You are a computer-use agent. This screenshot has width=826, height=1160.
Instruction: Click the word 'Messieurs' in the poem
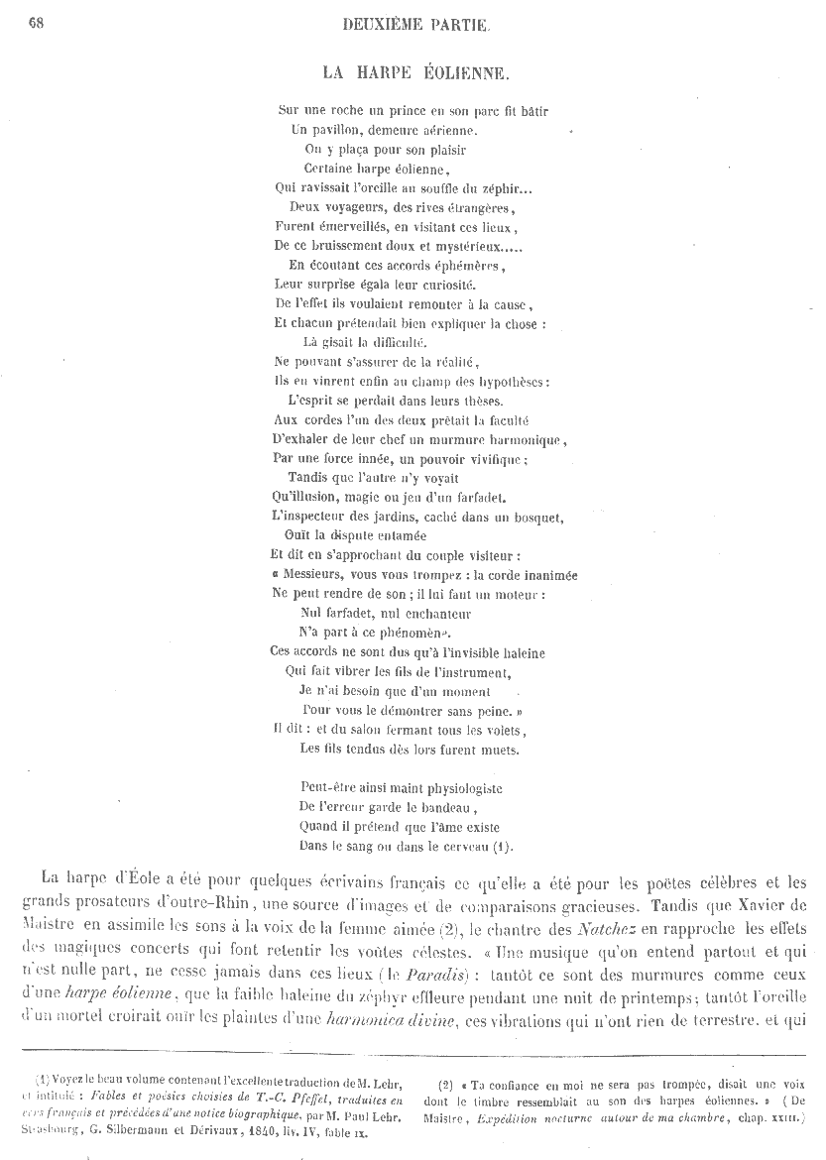(x=314, y=575)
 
